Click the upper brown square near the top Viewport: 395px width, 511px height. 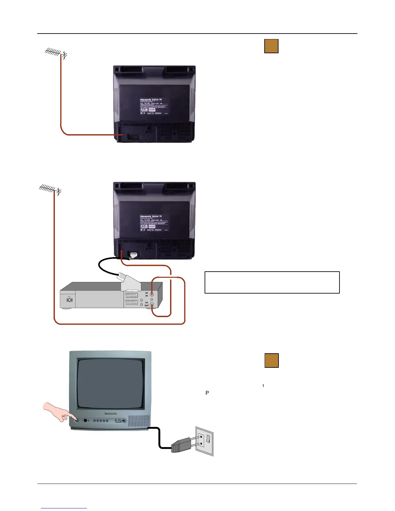[x=271, y=46]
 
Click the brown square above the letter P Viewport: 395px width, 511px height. [x=271, y=360]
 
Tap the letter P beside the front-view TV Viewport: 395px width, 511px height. [x=207, y=393]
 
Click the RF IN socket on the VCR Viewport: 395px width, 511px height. [x=152, y=294]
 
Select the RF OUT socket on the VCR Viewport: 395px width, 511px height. [x=152, y=305]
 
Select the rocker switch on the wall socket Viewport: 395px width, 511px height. [x=208, y=439]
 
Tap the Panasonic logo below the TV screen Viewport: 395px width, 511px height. [x=110, y=413]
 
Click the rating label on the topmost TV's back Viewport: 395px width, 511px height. [x=154, y=106]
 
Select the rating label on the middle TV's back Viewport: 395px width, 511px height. [x=154, y=223]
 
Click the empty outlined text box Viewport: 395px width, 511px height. [x=272, y=282]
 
